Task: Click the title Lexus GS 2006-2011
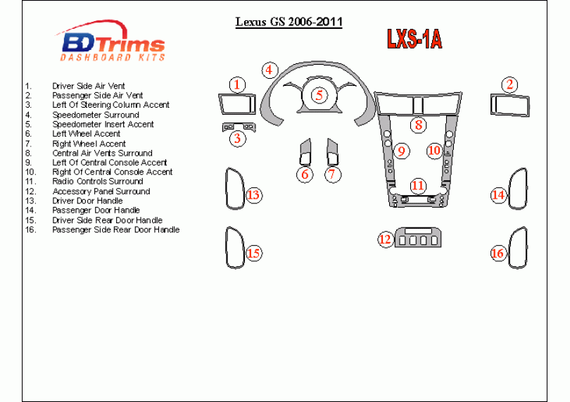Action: (289, 21)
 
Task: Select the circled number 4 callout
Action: (269, 70)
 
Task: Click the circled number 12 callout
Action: (385, 239)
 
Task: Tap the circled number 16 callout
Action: (498, 253)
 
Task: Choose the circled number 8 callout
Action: (419, 125)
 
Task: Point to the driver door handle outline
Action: (232, 189)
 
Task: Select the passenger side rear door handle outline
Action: (519, 248)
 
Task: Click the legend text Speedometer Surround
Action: (96, 115)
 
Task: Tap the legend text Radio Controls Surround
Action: (97, 182)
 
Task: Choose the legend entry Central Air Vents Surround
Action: (102, 153)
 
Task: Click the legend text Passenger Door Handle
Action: (96, 210)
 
